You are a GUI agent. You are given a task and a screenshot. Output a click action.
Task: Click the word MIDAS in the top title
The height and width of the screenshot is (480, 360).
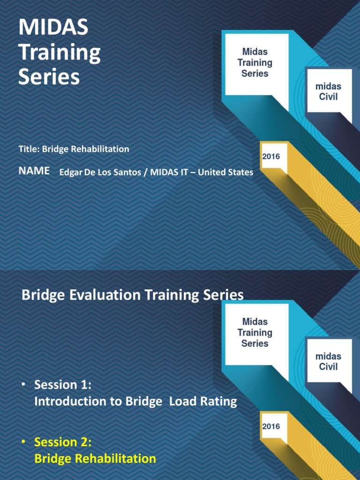click(53, 28)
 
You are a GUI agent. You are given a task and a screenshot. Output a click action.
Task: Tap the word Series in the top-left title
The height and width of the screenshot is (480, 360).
click(49, 77)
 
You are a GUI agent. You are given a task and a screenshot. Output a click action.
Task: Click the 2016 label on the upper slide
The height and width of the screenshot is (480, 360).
click(271, 157)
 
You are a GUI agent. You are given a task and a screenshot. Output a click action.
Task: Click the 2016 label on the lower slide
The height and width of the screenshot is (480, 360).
click(271, 427)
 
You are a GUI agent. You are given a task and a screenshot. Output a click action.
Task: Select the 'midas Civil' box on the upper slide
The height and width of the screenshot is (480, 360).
click(328, 92)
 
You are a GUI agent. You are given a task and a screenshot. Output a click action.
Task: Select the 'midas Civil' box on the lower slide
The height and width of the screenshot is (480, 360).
click(328, 361)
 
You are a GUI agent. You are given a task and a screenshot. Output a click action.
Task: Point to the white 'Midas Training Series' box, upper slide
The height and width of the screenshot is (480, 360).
click(255, 63)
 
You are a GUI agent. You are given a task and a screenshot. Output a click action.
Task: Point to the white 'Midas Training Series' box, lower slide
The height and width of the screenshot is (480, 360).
click(255, 332)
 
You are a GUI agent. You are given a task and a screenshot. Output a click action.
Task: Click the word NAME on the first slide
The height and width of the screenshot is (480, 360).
click(34, 171)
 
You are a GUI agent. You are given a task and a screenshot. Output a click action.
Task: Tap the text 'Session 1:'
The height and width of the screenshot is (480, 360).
click(62, 385)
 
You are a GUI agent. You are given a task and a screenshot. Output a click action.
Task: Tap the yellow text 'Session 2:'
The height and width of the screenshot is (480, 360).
click(62, 442)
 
